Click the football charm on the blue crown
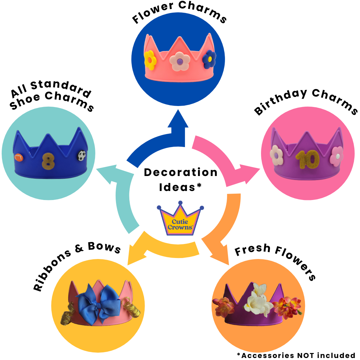click(x=19, y=157)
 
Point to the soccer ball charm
click(x=82, y=155)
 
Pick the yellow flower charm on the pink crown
click(x=150, y=60)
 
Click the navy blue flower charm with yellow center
click(x=209, y=59)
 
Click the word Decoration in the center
click(x=180, y=173)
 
